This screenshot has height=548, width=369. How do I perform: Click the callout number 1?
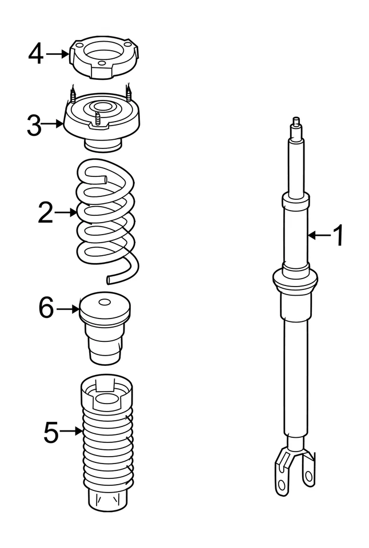click(338, 235)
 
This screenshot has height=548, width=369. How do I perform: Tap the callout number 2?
click(46, 213)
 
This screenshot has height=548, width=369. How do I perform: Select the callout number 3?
click(34, 125)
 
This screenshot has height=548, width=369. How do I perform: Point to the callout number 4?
click(36, 54)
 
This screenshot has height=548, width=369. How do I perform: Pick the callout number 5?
click(51, 432)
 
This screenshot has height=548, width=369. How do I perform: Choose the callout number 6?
click(46, 309)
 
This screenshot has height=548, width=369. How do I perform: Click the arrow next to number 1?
click(318, 235)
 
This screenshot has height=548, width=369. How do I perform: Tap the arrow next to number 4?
click(58, 54)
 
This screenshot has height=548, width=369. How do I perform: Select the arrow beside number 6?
click(67, 309)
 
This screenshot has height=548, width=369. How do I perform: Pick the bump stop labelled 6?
click(104, 328)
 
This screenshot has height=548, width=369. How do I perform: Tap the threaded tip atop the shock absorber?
click(296, 122)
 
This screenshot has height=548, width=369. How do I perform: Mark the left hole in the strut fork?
click(281, 485)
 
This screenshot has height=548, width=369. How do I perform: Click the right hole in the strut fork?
click(308, 475)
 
